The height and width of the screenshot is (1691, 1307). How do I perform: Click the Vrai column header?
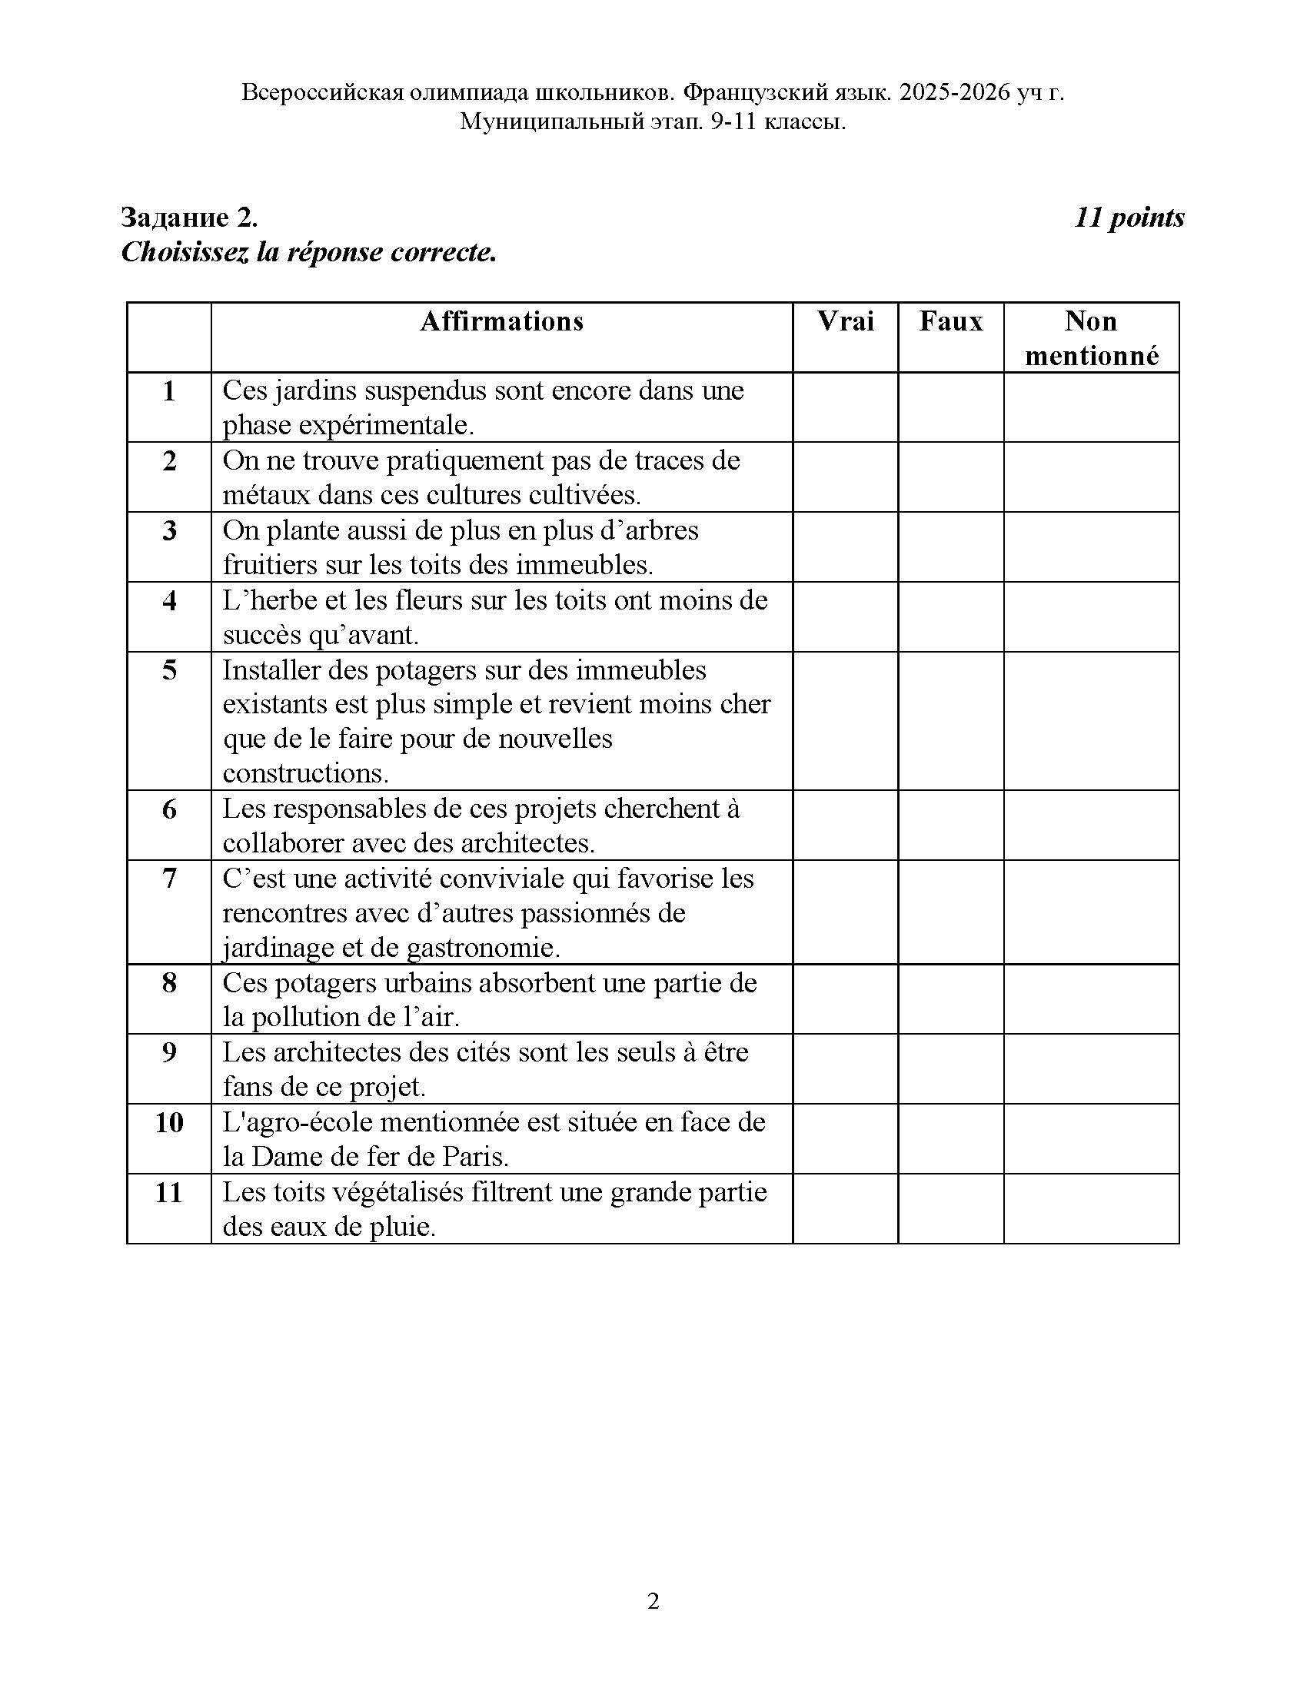point(845,321)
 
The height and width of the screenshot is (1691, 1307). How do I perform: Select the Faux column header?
point(951,321)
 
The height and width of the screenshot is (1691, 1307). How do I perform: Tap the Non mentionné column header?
point(1091,338)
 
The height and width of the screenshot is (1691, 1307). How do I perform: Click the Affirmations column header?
point(502,321)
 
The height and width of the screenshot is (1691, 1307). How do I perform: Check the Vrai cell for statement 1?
point(845,407)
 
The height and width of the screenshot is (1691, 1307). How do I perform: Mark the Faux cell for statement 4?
point(951,616)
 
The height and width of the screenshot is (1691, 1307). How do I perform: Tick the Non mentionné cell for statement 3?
point(1091,547)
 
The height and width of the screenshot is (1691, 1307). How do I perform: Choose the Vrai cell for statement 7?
point(845,912)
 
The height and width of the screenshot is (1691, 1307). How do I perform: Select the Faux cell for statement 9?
point(951,1068)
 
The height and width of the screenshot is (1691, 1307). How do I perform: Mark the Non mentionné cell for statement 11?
point(1091,1208)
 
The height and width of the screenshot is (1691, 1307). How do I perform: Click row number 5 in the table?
point(169,670)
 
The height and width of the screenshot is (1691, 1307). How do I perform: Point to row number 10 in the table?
point(169,1123)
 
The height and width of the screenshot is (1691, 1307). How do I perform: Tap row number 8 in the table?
point(169,983)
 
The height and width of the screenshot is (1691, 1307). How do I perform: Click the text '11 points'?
point(1129,218)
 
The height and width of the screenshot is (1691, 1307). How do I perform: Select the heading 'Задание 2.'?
point(190,218)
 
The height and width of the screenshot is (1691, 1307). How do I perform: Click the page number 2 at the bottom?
point(653,1601)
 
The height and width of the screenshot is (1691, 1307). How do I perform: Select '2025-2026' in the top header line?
point(955,93)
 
